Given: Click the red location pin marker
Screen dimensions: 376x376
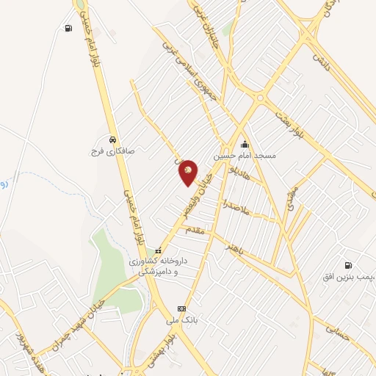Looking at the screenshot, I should [188, 172].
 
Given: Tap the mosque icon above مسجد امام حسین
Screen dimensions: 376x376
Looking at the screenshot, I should [244, 145].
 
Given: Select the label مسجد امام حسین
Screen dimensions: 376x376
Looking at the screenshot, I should [245, 156].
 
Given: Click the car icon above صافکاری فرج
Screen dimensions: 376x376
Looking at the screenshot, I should [111, 139].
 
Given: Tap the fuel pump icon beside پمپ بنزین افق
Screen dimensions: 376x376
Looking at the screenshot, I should [347, 265].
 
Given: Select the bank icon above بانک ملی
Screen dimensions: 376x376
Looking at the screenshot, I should [181, 308].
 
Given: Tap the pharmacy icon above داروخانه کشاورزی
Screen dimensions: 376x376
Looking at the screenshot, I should [156, 251].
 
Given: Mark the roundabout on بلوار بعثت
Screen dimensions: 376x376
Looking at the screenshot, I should [259, 98].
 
